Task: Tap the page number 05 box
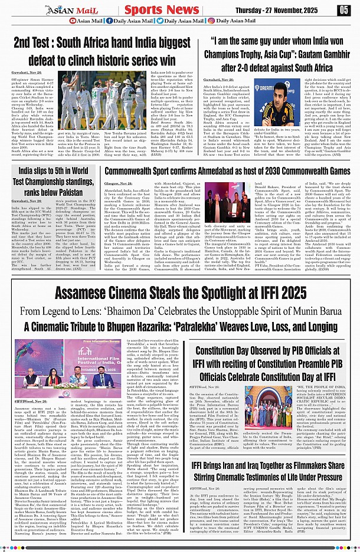[x=343, y=9]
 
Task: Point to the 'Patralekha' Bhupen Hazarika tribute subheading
[x=180, y=325]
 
